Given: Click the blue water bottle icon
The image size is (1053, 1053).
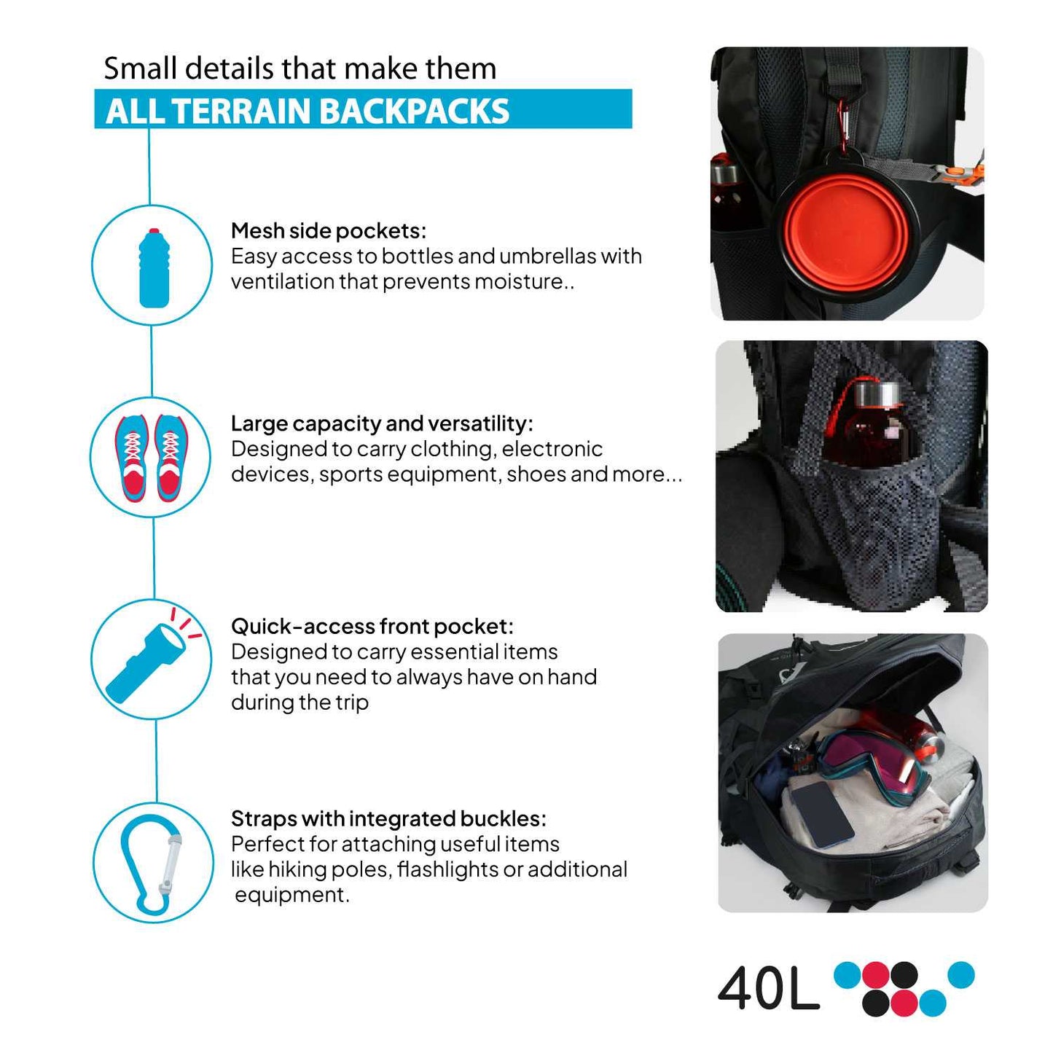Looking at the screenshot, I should point(154,267).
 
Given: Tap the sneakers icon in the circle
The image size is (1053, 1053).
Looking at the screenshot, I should point(152,458).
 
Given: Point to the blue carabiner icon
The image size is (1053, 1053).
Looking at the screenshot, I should point(151,863).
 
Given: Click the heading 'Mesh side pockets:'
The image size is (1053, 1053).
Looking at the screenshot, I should point(328,231).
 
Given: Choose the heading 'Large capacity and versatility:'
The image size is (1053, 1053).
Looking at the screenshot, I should point(382,423).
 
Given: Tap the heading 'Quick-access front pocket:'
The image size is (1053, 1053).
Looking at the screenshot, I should point(372,626).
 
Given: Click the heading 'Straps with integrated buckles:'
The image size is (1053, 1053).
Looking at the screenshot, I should point(388,818).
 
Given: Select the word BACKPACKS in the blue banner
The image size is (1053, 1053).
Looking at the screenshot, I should point(414,111).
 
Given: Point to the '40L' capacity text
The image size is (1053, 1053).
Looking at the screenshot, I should point(769,989).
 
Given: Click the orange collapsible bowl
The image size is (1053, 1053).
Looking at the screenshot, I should point(846,232).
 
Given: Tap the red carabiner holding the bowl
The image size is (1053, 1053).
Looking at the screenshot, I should point(845,127).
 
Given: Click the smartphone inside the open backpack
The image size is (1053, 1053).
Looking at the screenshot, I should point(822,814).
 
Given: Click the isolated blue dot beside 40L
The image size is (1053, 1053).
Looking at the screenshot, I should point(960,975).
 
